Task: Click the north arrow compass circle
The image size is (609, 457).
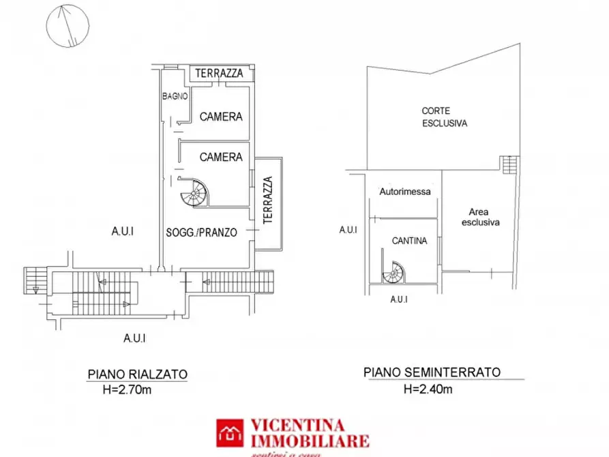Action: click(x=67, y=26)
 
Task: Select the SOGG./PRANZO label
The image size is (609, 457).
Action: click(x=201, y=233)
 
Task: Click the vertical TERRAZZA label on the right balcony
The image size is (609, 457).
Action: click(x=268, y=200)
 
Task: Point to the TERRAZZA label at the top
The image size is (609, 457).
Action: click(x=220, y=74)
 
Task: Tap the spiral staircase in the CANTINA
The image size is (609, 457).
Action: click(x=393, y=274)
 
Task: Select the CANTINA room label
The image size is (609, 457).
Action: click(x=409, y=241)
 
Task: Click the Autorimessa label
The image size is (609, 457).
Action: click(x=405, y=192)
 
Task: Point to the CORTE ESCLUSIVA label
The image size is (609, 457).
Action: click(x=444, y=117)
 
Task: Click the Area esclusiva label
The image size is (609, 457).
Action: click(x=481, y=217)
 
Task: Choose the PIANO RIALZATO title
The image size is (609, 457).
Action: click(x=137, y=374)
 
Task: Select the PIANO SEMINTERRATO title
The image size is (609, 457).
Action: click(x=432, y=372)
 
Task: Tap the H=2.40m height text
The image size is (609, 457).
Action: click(x=428, y=390)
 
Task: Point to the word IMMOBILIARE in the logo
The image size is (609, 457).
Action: click(x=311, y=441)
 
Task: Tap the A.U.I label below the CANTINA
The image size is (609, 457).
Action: click(x=399, y=299)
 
